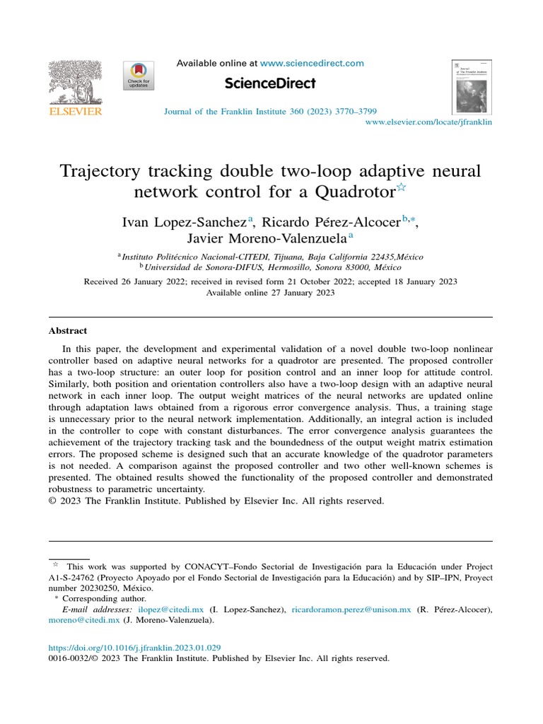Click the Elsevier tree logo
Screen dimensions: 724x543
[x=75, y=83]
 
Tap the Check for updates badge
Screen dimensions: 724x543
[x=139, y=76]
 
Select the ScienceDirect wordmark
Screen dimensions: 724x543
[x=270, y=83]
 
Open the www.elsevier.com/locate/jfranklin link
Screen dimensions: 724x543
[x=428, y=122]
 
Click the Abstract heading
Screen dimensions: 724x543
[x=68, y=330]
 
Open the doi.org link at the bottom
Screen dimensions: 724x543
[x=134, y=647]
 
